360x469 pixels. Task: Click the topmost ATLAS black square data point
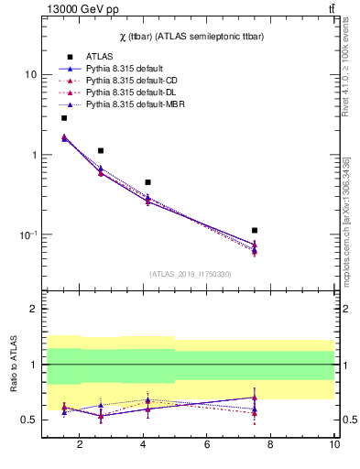click(64, 118)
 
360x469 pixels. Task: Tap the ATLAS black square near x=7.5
click(255, 230)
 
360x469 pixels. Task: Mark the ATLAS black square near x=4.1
click(147, 182)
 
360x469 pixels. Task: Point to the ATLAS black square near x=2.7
click(101, 150)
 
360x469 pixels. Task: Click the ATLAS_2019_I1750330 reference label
click(191, 274)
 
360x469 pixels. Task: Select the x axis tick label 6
click(207, 446)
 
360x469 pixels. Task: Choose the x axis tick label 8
click(271, 446)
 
